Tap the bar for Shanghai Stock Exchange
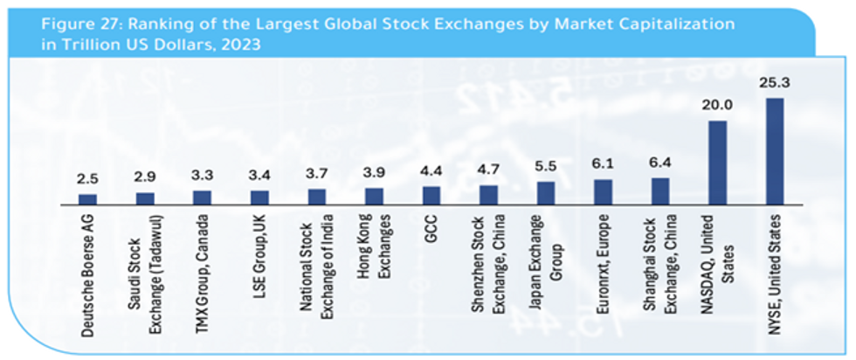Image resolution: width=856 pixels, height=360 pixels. (x=660, y=190)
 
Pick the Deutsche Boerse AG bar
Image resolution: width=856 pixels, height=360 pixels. (x=88, y=199)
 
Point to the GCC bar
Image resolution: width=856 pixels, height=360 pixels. (x=431, y=195)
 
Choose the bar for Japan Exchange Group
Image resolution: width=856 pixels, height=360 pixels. (x=546, y=192)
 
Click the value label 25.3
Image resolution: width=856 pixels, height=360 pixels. (x=775, y=85)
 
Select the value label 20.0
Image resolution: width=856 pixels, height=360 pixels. (x=717, y=107)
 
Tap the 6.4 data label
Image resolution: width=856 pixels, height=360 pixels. (x=660, y=165)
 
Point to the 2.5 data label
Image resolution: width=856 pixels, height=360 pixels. (x=88, y=181)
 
